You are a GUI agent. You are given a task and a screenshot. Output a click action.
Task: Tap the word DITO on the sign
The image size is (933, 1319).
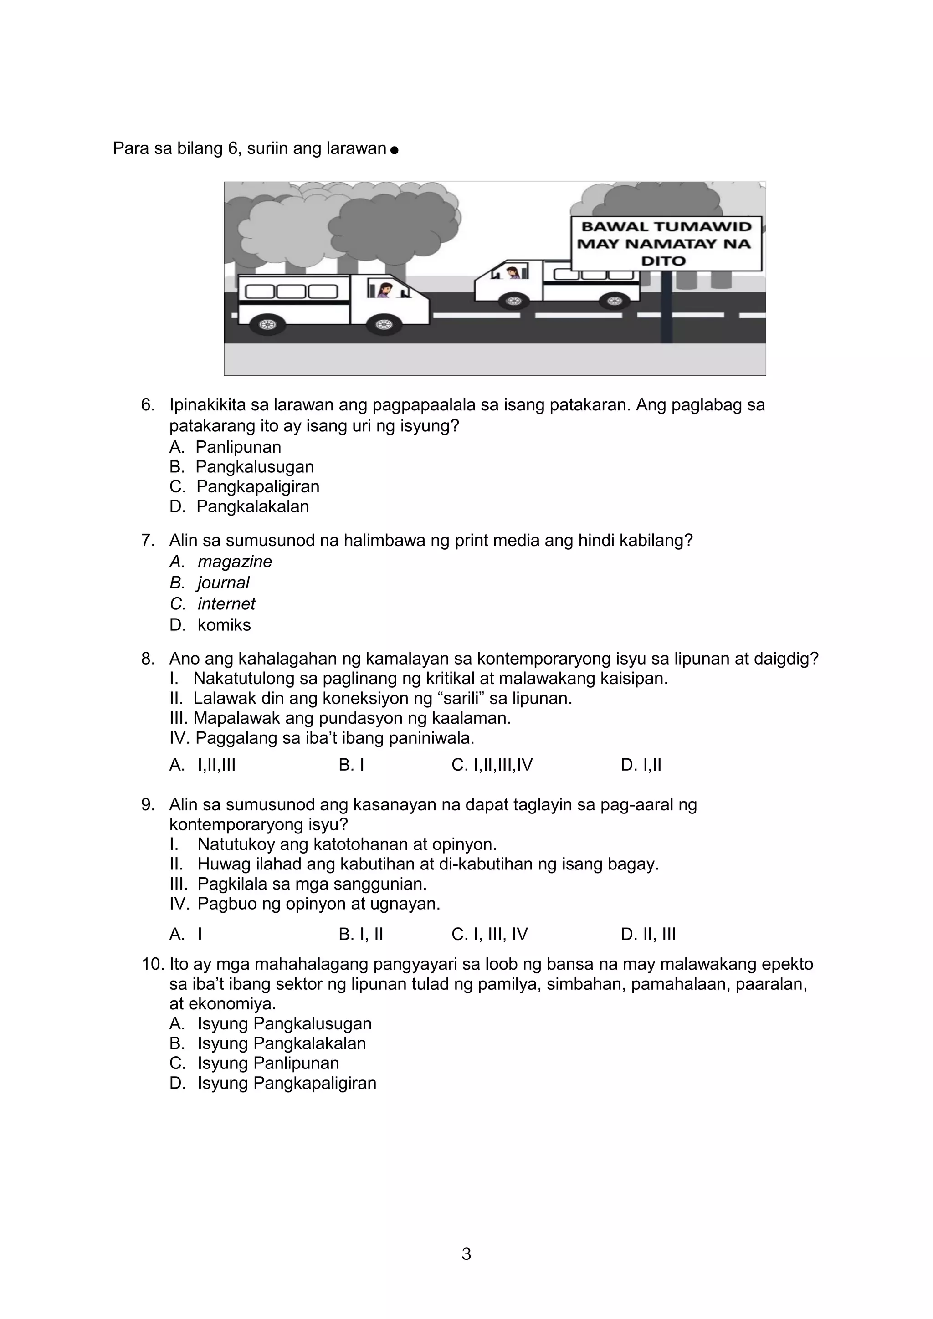[x=664, y=261]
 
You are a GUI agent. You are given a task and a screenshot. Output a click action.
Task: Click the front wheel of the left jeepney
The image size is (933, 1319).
[x=383, y=325]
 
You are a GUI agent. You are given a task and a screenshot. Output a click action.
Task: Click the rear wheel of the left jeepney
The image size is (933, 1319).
[x=266, y=325]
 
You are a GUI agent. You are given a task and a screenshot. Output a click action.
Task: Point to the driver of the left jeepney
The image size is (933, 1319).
[x=383, y=290]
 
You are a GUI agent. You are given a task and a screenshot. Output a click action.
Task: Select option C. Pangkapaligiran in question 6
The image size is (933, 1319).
[x=257, y=486]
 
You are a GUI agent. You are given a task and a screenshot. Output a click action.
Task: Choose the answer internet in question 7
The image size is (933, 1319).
[x=226, y=604]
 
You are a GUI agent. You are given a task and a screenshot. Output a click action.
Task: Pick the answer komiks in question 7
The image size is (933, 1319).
[x=224, y=625]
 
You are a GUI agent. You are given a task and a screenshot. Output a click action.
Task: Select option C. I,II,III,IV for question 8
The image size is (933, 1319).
[x=492, y=765]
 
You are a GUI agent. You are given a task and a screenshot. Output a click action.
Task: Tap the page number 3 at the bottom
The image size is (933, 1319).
[x=466, y=1254]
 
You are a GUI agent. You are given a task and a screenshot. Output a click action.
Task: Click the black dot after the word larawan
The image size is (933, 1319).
[x=394, y=150]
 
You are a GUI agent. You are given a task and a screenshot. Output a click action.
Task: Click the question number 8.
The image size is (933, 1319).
[x=148, y=658]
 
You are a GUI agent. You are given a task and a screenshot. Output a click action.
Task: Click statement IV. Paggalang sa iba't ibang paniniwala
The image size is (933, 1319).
[x=322, y=738]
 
